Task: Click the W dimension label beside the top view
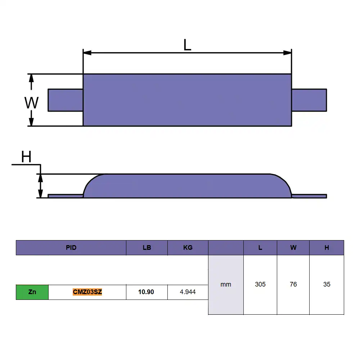coord(31,103)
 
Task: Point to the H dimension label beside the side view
coord(26,157)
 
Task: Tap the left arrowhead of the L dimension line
coord(87,53)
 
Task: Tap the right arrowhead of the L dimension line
coord(287,53)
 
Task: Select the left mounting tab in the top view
coord(66,100)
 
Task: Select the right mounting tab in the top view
coord(309,100)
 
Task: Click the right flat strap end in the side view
coord(309,196)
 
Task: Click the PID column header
coord(71,248)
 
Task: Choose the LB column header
coord(147,248)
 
